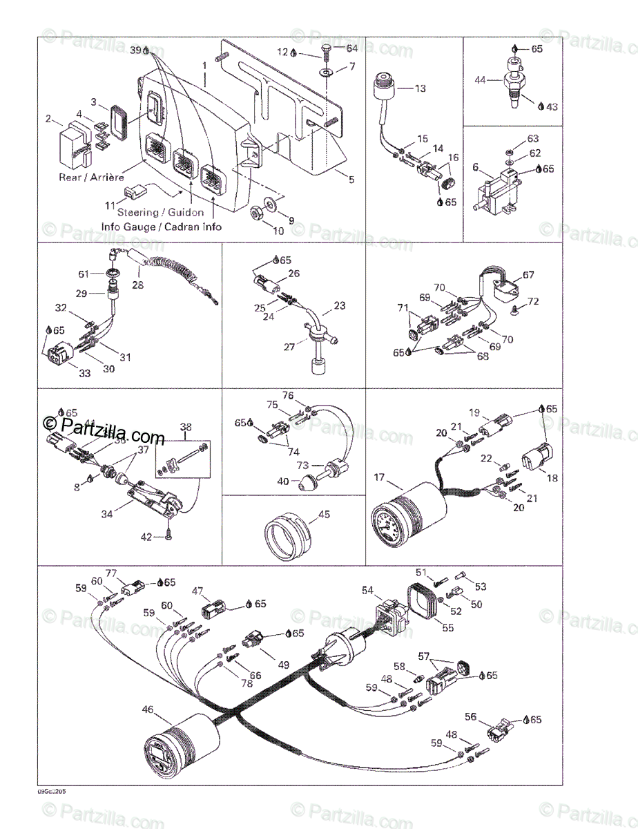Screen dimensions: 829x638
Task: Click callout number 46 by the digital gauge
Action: [x=148, y=709]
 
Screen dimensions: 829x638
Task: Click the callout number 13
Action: [x=420, y=88]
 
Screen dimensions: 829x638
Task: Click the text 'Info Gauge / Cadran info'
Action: [x=162, y=226]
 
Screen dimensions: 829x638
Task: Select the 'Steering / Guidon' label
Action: [x=161, y=212]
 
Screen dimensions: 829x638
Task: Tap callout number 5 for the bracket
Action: [x=351, y=180]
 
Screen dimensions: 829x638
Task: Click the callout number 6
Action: [x=475, y=167]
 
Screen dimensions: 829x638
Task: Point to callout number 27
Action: [x=289, y=346]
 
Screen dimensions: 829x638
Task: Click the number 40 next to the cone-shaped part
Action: [x=283, y=481]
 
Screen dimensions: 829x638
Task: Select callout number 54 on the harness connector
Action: [x=367, y=589]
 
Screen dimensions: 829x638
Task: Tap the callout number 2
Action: [x=49, y=119]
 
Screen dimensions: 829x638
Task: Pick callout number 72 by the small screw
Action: [x=532, y=301]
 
